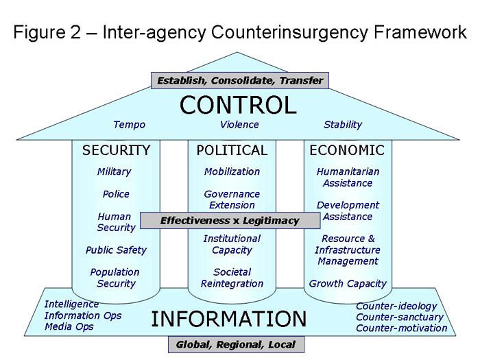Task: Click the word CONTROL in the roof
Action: click(238, 105)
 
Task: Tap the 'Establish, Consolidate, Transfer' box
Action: click(239, 80)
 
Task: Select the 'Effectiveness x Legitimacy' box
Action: click(230, 221)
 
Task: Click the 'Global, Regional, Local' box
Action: click(235, 344)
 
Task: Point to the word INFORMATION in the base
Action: click(228, 319)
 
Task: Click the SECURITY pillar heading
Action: click(116, 150)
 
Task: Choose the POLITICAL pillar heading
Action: click(232, 150)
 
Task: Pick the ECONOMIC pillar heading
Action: click(347, 150)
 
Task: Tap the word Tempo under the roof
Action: click(129, 125)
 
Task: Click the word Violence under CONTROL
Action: click(239, 125)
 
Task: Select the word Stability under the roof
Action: click(342, 125)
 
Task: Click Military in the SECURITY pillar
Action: click(114, 171)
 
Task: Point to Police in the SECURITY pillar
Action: click(116, 194)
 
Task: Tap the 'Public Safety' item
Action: click(116, 250)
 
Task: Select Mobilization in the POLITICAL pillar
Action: click(232, 171)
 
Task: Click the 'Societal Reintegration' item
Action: click(232, 278)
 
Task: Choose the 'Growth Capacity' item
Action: click(348, 283)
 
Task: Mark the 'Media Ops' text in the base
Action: click(69, 326)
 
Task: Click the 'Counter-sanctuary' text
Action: click(400, 317)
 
